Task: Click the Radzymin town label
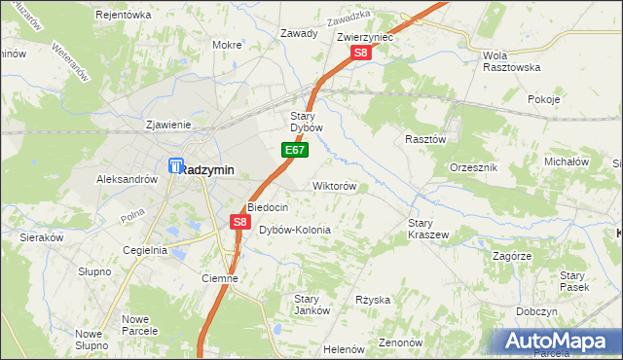208,169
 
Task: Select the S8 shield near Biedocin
240,223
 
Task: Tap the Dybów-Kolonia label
294,231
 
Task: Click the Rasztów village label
424,139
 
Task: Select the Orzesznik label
474,167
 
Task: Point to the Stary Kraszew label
426,229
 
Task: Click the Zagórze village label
511,256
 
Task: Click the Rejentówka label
124,15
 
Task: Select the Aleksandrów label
127,179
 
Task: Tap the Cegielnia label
145,250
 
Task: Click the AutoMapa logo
559,341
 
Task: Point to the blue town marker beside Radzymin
175,166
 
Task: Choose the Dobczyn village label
537,311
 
